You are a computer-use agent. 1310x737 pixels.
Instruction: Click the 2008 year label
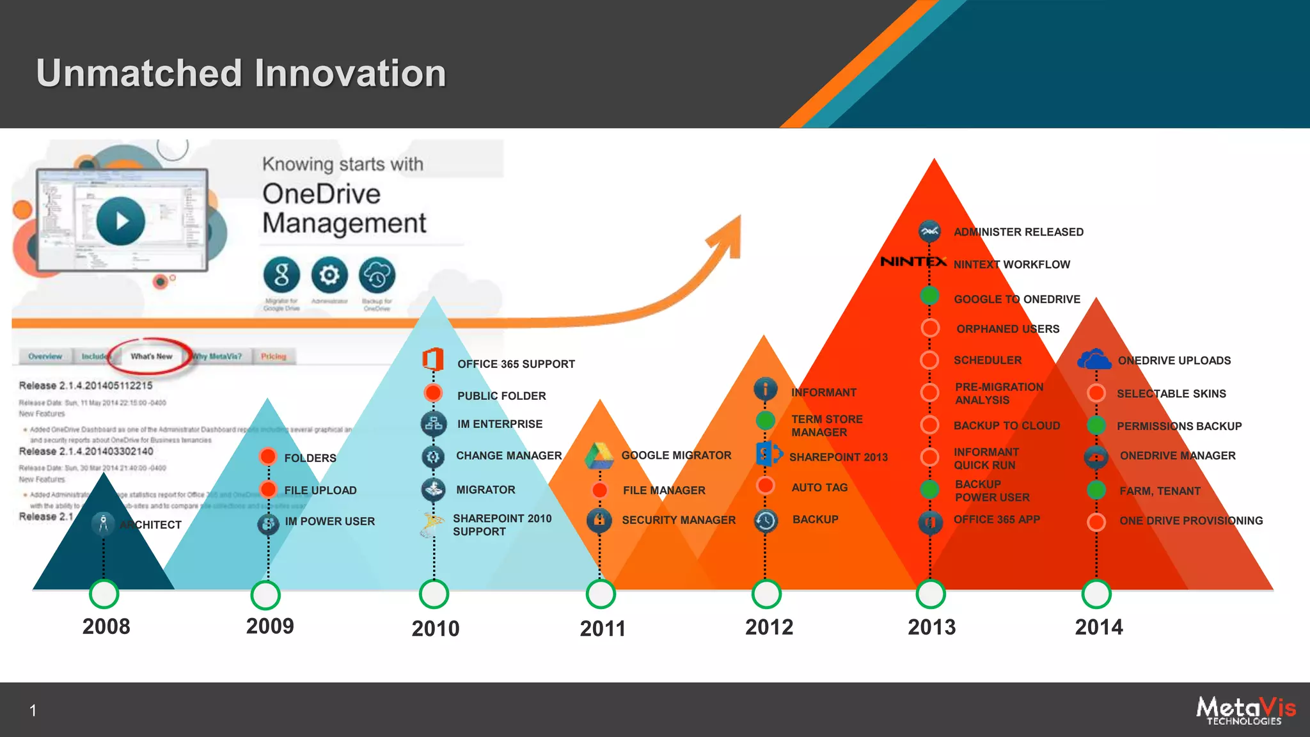[x=106, y=626]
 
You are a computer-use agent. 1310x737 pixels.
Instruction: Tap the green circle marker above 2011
[x=601, y=594]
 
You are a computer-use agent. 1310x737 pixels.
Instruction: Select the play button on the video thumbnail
[x=121, y=221]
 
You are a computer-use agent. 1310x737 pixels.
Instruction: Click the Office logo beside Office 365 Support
[x=433, y=360]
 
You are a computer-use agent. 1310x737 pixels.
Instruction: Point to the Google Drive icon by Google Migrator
[x=599, y=456]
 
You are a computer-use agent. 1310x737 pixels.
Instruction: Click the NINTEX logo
[x=913, y=262]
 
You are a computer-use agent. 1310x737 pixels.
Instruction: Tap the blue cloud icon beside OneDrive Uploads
[x=1094, y=360]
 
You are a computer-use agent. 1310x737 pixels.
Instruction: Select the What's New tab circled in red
[x=152, y=356]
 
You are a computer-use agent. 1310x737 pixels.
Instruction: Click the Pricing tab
[x=273, y=356]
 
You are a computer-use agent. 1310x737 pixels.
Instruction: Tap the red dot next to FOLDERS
[x=268, y=457]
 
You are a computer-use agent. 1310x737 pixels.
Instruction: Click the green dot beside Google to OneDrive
[x=929, y=296]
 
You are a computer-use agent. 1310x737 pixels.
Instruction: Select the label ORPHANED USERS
[x=1007, y=329]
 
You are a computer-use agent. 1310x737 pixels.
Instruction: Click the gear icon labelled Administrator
[x=329, y=275]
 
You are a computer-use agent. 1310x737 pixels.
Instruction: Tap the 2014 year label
[x=1098, y=627]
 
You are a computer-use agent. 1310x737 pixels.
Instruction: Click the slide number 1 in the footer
[x=33, y=710]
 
